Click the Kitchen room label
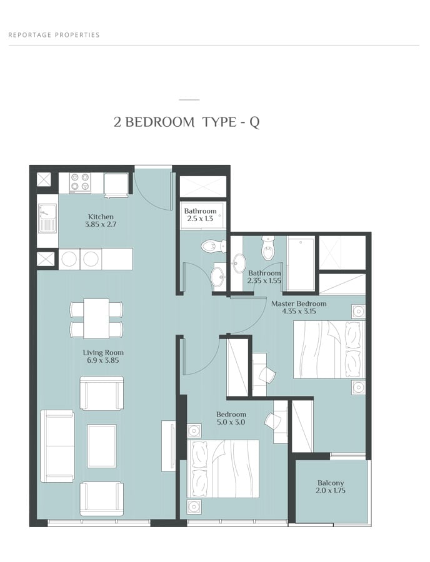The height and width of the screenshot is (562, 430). click(x=101, y=217)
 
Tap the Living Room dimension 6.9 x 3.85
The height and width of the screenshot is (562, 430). click(x=103, y=360)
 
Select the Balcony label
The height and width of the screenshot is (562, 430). click(x=330, y=483)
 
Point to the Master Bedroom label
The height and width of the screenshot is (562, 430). click(x=299, y=303)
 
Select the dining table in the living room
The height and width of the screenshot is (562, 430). click(x=96, y=318)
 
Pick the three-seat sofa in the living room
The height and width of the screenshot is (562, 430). click(x=57, y=446)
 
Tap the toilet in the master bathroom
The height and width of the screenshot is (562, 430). click(x=267, y=249)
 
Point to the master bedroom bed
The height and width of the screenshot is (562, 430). click(x=329, y=350)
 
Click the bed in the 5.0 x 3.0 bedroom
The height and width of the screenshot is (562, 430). click(x=222, y=469)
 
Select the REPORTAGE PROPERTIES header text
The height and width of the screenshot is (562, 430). click(x=54, y=35)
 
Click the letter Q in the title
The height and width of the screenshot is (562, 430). click(x=254, y=122)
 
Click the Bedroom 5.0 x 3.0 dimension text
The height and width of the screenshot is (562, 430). click(x=231, y=422)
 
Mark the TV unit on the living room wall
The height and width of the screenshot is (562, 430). click(x=168, y=445)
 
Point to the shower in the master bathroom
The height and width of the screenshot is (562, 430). click(x=301, y=264)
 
